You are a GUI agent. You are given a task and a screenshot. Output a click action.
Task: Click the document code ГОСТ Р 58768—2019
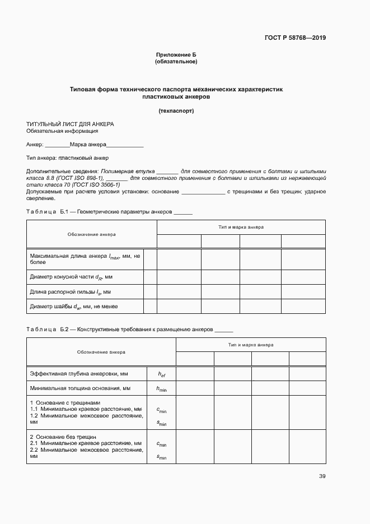295,38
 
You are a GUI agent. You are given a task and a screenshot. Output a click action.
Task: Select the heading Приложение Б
176,55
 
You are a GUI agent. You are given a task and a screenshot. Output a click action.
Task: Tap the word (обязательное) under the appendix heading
176,62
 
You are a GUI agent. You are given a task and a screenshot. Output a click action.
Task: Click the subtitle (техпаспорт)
176,110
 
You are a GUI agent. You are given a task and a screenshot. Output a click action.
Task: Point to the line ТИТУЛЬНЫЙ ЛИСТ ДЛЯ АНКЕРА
70,123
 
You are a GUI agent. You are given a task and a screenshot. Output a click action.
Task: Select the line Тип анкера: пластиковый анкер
67,157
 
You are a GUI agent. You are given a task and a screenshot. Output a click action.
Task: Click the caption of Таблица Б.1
109,212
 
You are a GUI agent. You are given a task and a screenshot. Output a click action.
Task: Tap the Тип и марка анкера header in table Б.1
241,228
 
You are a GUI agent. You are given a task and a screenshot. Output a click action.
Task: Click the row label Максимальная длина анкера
85,258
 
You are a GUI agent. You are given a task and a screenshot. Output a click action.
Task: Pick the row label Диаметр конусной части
71,277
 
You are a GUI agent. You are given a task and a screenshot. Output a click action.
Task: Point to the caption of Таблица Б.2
129,330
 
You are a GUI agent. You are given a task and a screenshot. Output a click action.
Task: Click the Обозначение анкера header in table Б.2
101,353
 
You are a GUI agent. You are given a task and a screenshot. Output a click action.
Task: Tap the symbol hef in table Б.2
161,374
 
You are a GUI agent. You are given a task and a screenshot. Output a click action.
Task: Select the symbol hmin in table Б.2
161,388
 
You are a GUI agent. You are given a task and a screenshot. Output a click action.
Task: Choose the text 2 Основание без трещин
63,437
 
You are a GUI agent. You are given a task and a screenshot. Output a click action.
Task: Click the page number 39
322,476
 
